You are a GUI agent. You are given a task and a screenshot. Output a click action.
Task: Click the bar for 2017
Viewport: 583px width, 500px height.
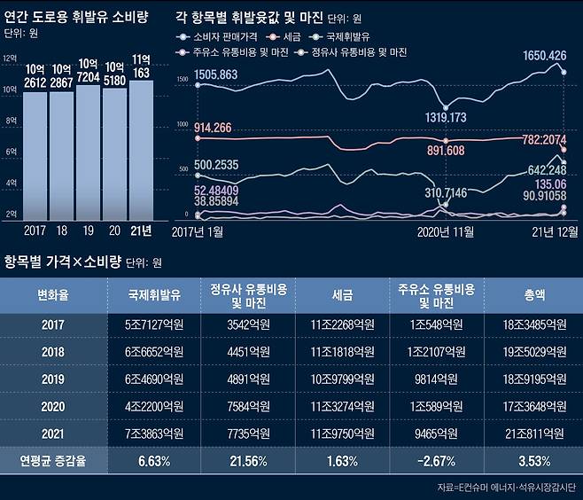click(35, 155)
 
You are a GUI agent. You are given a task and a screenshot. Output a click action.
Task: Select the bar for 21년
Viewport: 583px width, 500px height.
click(141, 151)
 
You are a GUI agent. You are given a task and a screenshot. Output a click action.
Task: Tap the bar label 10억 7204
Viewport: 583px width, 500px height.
click(88, 71)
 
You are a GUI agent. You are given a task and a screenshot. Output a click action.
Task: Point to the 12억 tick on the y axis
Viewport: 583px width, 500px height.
click(10, 59)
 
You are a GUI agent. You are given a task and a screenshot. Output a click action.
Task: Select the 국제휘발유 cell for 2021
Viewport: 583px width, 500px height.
click(155, 434)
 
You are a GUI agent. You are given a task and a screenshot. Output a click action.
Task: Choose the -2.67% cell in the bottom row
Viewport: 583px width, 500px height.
click(434, 462)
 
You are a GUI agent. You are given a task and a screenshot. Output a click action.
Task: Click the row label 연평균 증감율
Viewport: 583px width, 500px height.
click(52, 462)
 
